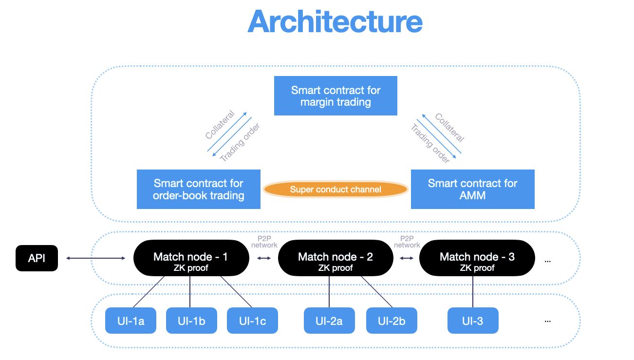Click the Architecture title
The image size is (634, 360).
(335, 21)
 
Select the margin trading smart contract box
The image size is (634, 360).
(336, 96)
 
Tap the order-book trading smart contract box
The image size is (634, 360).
(198, 189)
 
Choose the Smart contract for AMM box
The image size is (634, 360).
(473, 189)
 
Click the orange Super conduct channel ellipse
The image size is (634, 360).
(336, 189)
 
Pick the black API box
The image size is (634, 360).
(37, 258)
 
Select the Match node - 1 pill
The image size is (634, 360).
(191, 258)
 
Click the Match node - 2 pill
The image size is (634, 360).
(336, 258)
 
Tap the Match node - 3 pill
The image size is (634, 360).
(477, 258)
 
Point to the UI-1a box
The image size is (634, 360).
(131, 321)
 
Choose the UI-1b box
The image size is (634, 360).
(192, 321)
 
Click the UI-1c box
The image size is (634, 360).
(252, 321)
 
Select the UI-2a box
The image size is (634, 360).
(329, 321)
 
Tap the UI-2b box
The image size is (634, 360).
(392, 321)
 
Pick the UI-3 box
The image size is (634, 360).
(473, 321)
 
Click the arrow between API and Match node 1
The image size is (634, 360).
(95, 258)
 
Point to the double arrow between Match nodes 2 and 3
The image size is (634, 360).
(407, 258)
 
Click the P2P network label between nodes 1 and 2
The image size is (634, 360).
(264, 242)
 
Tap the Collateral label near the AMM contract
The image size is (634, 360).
(449, 128)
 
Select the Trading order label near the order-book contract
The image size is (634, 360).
(240, 142)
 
